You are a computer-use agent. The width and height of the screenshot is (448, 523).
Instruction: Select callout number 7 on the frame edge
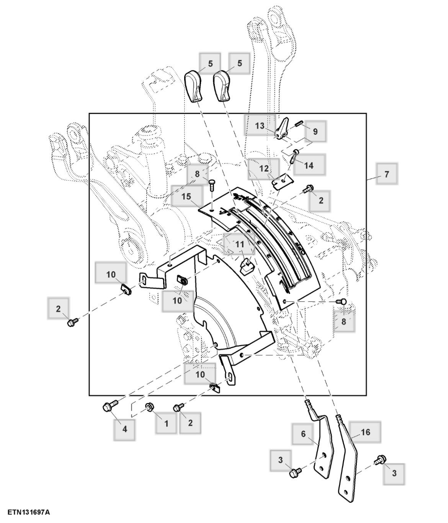(386, 174)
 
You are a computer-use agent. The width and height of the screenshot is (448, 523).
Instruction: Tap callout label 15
(186, 196)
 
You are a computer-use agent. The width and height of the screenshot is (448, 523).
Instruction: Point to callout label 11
(239, 244)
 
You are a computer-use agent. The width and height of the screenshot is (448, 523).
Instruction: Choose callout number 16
(365, 432)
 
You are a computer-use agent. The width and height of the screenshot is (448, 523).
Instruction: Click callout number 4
(124, 429)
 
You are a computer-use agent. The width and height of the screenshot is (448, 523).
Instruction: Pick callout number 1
(166, 423)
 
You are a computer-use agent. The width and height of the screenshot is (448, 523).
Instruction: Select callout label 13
(260, 125)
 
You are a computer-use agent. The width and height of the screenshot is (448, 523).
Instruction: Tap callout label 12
(264, 168)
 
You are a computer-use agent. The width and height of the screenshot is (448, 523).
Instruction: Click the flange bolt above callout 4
(108, 407)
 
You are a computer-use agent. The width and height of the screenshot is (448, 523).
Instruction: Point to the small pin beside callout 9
(299, 123)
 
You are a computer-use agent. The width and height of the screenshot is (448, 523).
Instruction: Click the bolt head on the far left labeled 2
(70, 323)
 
